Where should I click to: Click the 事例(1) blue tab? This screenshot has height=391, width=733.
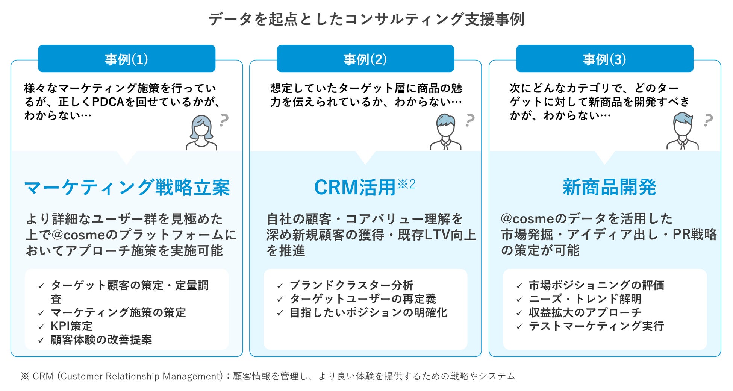tap(126, 59)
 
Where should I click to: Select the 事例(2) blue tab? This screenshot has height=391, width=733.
tap(365, 59)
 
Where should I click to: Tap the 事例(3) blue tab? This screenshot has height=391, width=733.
tap(604, 59)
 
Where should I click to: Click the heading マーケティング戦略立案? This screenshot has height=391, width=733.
tap(127, 188)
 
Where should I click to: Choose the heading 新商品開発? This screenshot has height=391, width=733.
tap(609, 188)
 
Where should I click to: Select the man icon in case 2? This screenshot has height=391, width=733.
tap(445, 132)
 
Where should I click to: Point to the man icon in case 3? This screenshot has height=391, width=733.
tap(682, 132)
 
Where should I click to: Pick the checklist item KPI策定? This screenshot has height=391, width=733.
tap(71, 326)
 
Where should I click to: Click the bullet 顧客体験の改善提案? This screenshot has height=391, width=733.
tap(101, 339)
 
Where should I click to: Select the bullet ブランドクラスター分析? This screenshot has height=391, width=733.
tap(351, 285)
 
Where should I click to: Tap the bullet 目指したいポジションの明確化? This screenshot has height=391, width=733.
tap(368, 312)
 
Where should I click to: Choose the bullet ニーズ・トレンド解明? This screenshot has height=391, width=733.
tap(585, 299)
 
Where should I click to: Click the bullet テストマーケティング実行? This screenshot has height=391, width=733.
tap(596, 326)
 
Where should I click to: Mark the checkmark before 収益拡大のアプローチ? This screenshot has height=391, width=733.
tap(519, 313)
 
